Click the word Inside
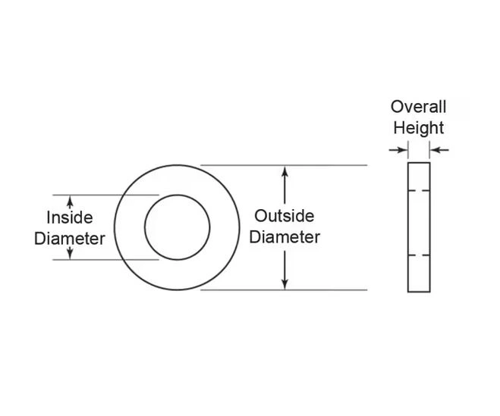click(x=70, y=217)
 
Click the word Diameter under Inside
click(x=70, y=239)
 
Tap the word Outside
click(x=285, y=216)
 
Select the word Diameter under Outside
click(x=285, y=237)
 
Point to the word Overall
click(x=418, y=107)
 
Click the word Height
click(x=418, y=128)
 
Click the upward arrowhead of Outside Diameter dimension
click(x=285, y=172)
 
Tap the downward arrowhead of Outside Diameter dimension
click(x=285, y=284)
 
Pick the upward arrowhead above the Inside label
click(x=70, y=201)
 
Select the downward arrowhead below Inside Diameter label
click(x=70, y=253)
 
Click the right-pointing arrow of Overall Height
click(x=398, y=150)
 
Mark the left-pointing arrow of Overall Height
click(x=439, y=150)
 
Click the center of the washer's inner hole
click(x=178, y=227)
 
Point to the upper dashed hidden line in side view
click(x=419, y=190)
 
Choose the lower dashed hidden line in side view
click(x=419, y=255)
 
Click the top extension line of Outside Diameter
click(x=284, y=165)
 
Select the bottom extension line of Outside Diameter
click(x=284, y=290)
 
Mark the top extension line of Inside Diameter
click(x=105, y=195)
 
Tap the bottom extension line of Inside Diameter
click(x=105, y=260)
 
